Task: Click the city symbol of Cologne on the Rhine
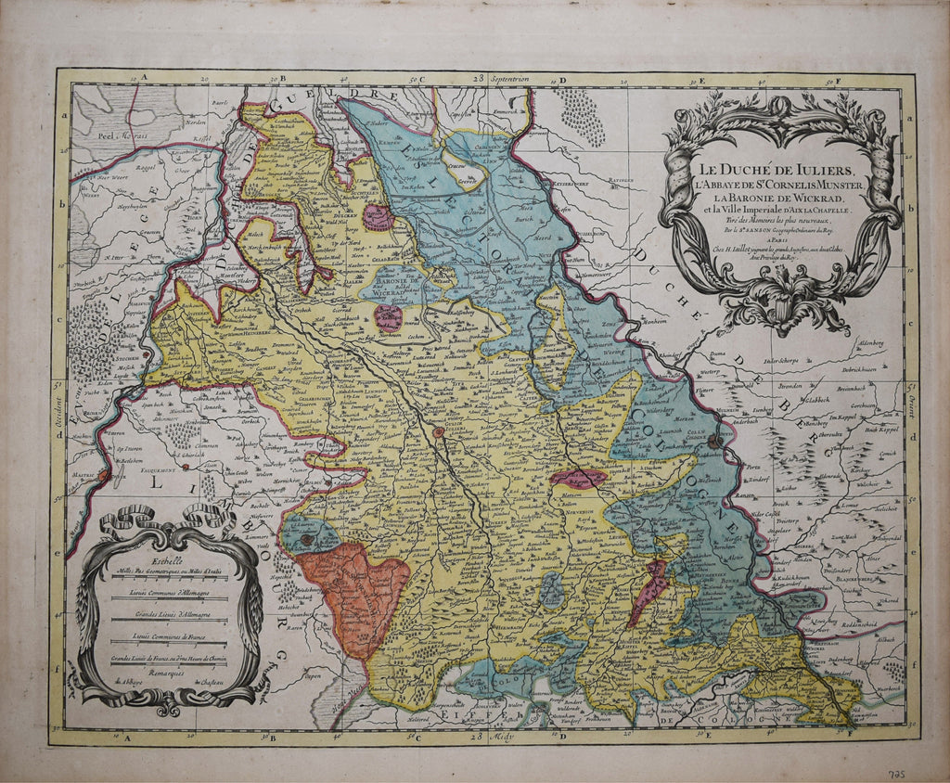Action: point(713,443)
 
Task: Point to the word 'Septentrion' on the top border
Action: point(511,81)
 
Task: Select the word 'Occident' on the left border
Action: point(58,407)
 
